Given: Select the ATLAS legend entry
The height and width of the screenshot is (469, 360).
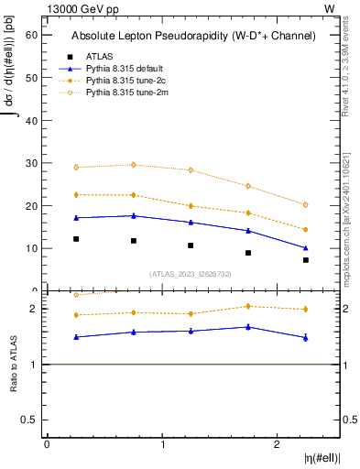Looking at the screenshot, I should [101, 56].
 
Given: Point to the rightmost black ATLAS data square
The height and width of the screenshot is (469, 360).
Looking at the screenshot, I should [306, 260].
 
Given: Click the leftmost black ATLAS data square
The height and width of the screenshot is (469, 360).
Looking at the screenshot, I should [76, 239].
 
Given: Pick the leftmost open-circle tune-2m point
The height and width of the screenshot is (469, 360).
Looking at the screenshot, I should [76, 168].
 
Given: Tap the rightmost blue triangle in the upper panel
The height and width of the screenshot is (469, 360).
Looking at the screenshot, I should [306, 248].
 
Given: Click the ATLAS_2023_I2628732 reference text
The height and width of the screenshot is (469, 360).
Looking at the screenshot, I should [191, 273].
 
